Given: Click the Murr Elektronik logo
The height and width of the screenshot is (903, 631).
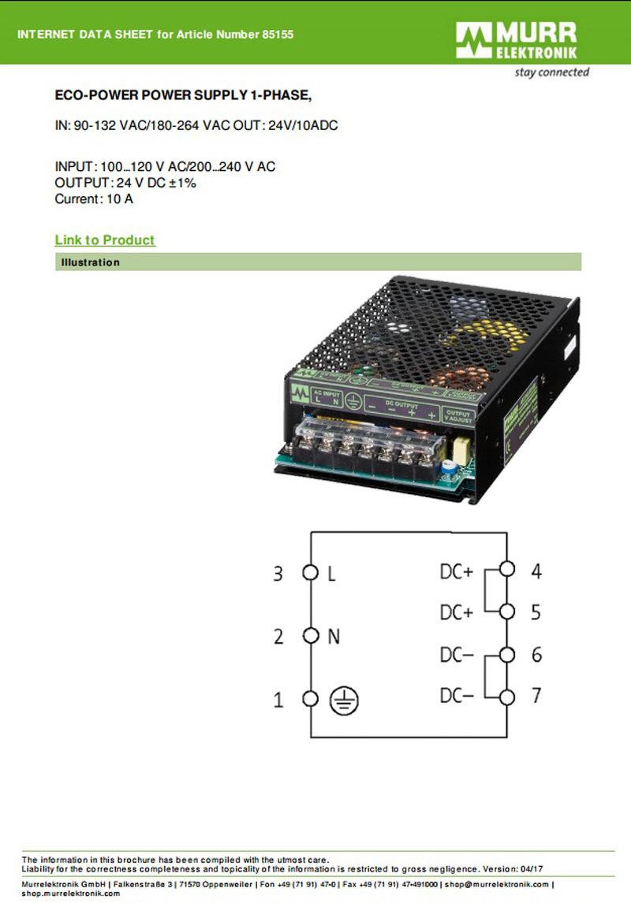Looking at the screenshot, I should [517, 41].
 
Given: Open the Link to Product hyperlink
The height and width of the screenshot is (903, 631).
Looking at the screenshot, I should [105, 240].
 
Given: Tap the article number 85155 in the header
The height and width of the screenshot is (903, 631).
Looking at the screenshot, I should [278, 35].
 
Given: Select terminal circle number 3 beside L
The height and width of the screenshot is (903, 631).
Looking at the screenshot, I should [310, 573].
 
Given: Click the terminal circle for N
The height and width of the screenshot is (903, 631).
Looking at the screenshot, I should [310, 635].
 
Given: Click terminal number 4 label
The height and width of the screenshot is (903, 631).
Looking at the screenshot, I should [536, 570].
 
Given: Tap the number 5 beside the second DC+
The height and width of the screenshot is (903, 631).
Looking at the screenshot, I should [536, 611].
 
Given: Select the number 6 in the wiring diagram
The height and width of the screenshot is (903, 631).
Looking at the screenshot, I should [536, 655].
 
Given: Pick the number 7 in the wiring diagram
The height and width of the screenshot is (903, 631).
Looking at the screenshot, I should [536, 696].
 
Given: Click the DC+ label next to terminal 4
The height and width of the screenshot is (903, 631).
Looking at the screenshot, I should [456, 571].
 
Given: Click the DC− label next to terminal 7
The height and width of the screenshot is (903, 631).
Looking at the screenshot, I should [456, 696].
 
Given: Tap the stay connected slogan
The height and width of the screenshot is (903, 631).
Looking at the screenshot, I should [551, 72].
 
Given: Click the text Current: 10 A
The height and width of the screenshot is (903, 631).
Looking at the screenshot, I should [94, 199].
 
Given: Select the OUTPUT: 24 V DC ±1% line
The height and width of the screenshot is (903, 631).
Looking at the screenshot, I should [125, 183].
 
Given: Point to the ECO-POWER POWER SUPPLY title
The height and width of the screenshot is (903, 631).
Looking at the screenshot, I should [183, 96].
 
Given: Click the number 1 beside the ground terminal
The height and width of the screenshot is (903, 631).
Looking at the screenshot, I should [278, 700].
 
